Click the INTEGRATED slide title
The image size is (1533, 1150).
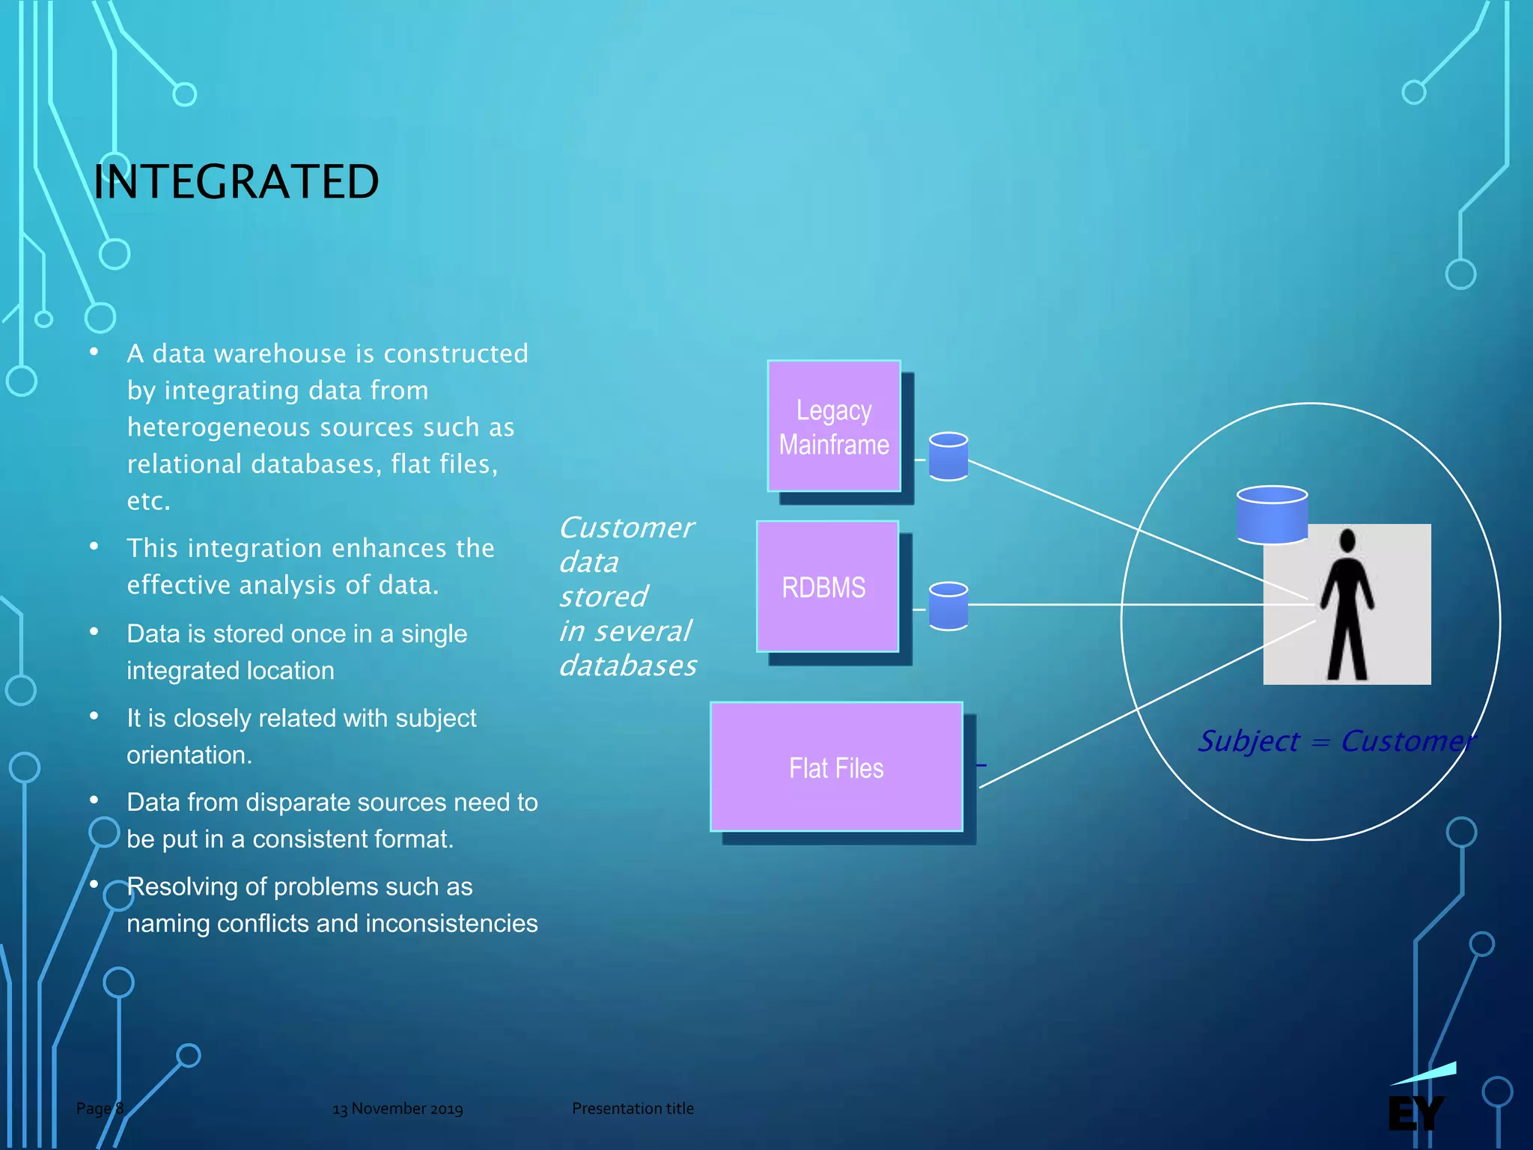coord(236,182)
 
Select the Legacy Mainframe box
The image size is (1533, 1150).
coord(834,426)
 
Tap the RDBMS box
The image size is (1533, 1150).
coord(827,586)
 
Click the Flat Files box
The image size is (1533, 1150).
coord(836,767)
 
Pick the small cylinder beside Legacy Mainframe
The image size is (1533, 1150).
coord(948,456)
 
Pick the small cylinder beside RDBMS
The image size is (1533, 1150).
coord(948,606)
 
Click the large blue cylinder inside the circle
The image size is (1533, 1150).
coord(1272,515)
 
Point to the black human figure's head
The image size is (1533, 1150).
coord(1347,540)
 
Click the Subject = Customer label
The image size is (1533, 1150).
coord(1336,741)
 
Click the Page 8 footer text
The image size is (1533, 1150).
coord(100,1108)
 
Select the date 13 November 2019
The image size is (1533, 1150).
coord(397,1109)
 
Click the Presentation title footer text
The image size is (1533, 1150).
coord(633,1108)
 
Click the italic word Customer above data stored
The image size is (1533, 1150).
coord(627,528)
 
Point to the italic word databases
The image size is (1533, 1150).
coord(628,666)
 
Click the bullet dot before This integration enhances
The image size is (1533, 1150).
coord(94,547)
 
